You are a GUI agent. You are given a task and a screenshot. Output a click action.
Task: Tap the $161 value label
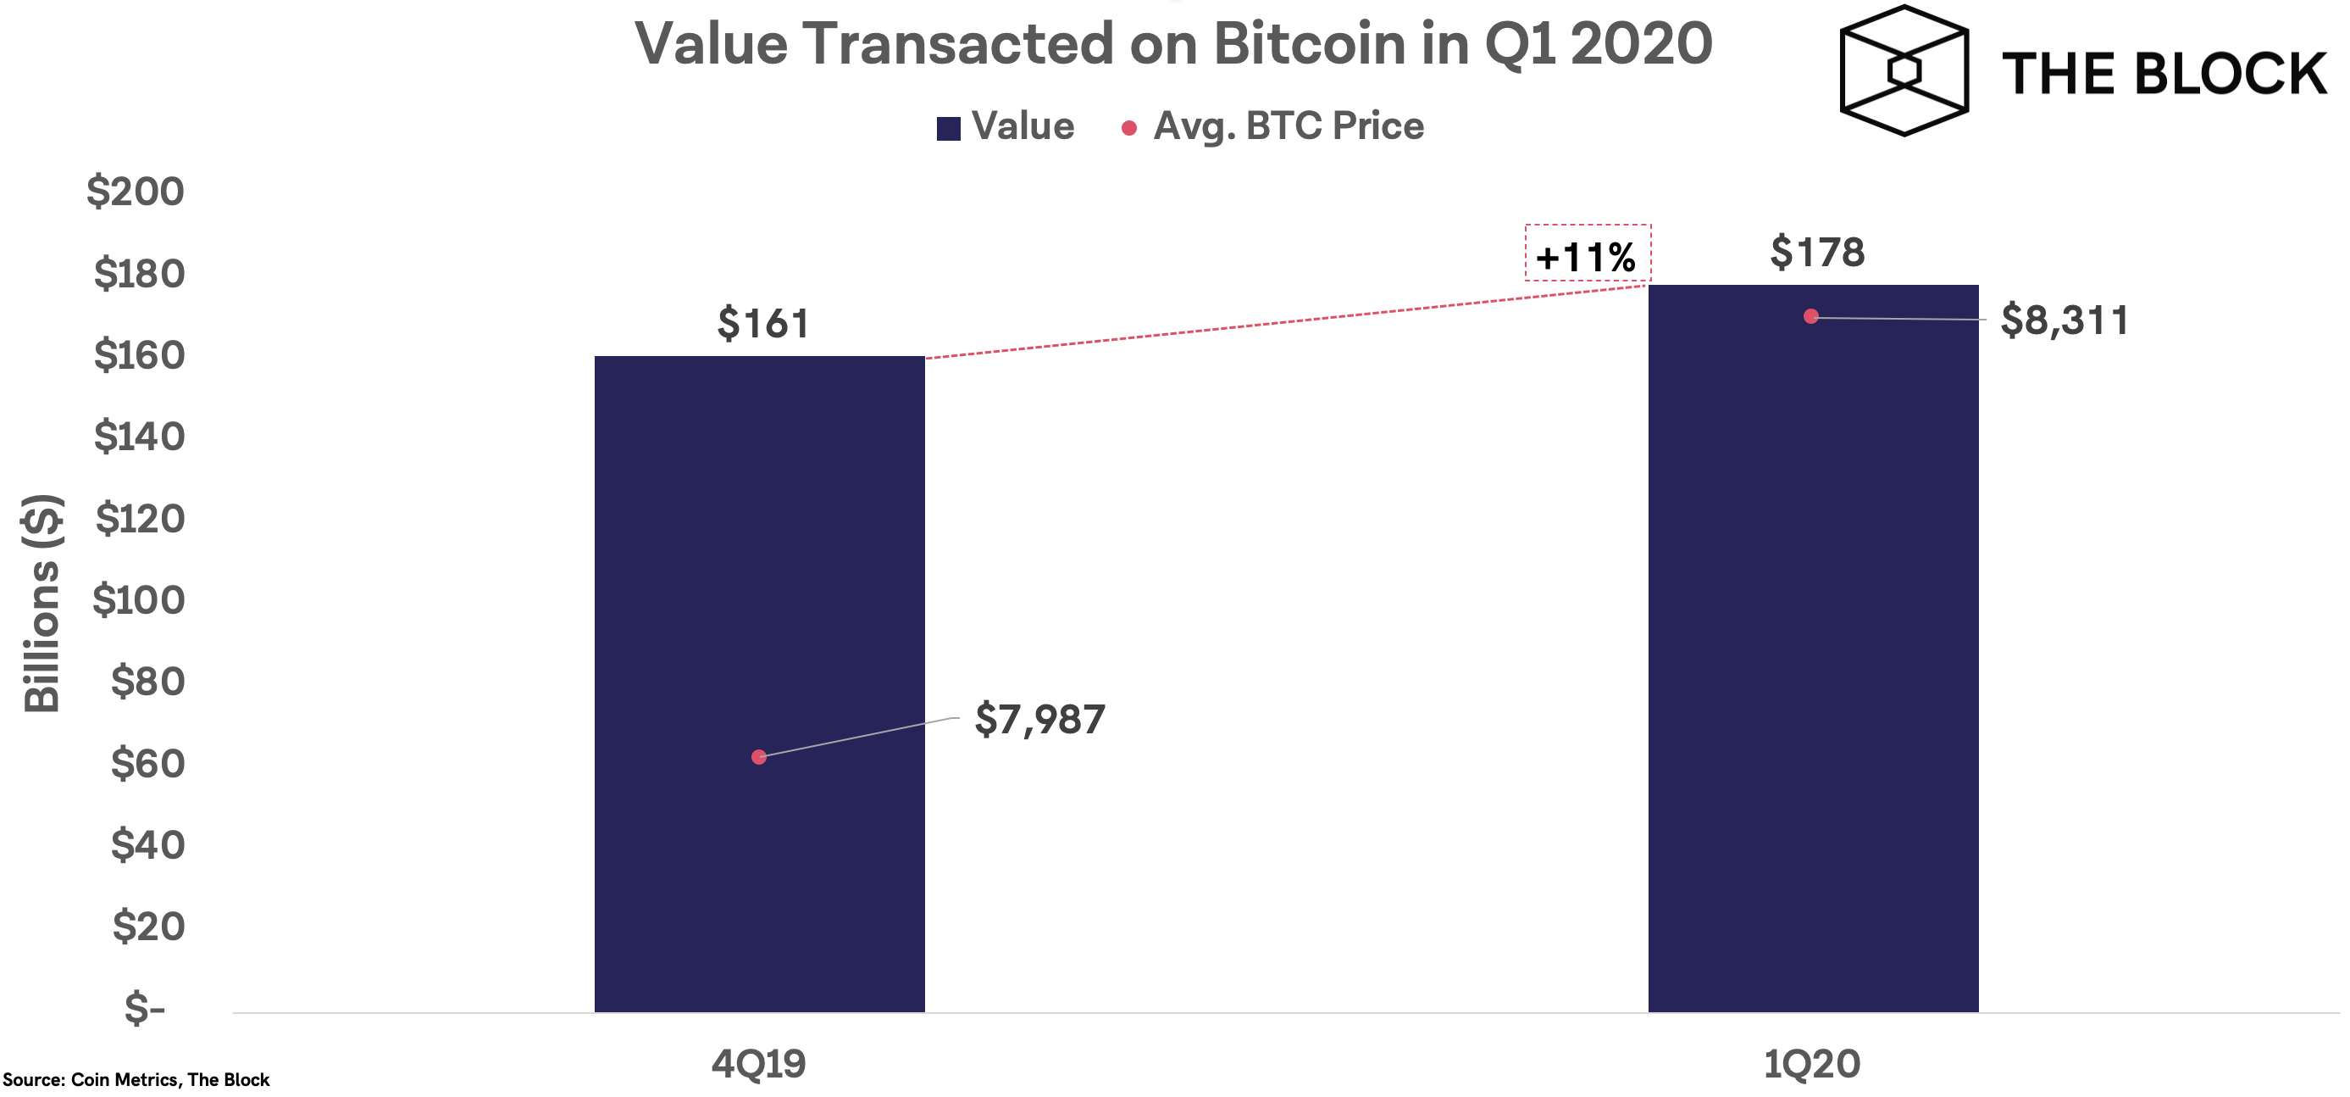pos(762,323)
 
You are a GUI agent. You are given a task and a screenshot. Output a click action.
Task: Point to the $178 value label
pos(1817,252)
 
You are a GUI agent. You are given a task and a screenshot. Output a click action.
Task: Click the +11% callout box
pos(1588,253)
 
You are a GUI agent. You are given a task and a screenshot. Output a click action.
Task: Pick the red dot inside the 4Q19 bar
pos(759,756)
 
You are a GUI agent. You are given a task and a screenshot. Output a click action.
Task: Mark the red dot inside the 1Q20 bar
pos(1811,315)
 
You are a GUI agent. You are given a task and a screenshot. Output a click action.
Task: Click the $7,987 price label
pos(1039,719)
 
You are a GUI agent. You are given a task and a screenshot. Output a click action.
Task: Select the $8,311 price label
pos(2064,320)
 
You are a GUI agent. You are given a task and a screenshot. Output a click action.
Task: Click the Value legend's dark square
pos(948,129)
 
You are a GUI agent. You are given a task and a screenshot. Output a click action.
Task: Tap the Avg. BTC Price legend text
pos(1289,126)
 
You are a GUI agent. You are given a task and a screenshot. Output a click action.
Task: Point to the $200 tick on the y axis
pos(136,191)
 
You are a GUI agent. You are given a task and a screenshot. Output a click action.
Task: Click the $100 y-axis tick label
pos(139,599)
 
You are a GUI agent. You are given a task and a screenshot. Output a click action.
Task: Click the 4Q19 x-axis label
pos(759,1064)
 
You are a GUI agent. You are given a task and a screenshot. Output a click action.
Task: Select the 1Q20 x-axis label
pos(1812,1064)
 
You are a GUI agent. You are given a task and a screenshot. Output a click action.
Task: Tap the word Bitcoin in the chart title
pos(1309,43)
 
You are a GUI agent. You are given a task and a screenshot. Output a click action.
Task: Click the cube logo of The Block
pos(1904,70)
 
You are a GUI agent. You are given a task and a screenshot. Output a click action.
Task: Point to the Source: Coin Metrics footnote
pos(136,1080)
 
